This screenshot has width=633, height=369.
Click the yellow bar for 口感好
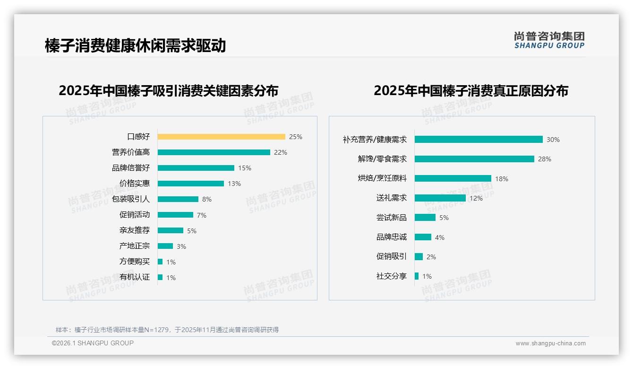pos(221,137)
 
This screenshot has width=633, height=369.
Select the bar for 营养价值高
pos(214,152)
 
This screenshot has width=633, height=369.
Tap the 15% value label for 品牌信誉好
pos(245,168)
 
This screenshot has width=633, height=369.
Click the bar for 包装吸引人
pos(178,199)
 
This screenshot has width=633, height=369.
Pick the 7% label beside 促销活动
pos(202,215)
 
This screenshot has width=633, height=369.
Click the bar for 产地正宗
pos(165,246)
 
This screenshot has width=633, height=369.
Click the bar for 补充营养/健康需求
pos(479,140)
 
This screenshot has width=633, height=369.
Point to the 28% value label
pos(545,159)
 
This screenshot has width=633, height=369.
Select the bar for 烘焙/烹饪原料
pos(453,178)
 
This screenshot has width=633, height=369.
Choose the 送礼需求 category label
pos(391,198)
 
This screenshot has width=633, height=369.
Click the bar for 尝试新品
pos(425,218)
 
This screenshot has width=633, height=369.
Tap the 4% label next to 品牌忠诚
pos(440,237)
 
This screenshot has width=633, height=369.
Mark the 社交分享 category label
pos(391,276)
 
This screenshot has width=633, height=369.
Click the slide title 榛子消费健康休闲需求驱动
pos(135,45)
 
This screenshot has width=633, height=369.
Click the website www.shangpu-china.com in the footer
pos(550,343)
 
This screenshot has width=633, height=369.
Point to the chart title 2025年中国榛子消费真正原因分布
pos(470,90)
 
